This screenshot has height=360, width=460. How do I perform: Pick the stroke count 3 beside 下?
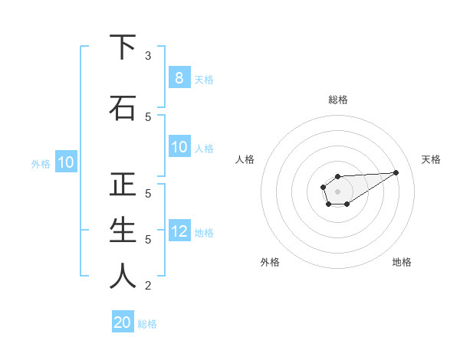point(148,56)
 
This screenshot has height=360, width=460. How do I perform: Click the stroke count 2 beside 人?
point(148,286)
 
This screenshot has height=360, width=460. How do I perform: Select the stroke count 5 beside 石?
point(148,116)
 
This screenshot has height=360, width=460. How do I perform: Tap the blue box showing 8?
point(179,77)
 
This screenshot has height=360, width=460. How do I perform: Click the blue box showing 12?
point(179,231)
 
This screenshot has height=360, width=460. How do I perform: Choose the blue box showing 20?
point(123,322)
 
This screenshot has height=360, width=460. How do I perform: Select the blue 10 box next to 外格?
point(65,162)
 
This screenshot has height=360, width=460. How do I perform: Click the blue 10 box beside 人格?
point(179,148)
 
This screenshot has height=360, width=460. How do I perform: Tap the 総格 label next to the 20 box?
point(147,324)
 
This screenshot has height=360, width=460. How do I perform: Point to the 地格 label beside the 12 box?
point(204,232)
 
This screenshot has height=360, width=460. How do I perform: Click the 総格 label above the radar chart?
point(337,100)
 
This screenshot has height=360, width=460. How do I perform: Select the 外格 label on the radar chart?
point(270,262)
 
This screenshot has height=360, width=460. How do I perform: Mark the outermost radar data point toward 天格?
point(396,172)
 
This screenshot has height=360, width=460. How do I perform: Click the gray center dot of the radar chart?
point(337,191)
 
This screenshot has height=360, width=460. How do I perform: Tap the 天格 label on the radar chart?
point(431,159)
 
